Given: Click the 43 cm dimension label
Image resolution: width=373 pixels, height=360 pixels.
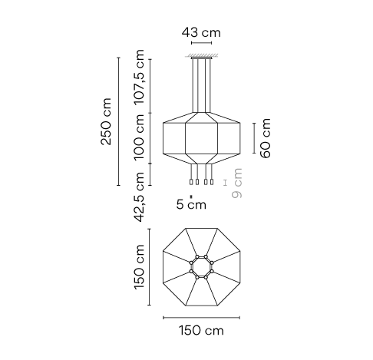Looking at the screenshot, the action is pyautogui.click(x=201, y=33).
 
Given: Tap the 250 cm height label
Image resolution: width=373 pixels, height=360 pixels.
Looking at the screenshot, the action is pyautogui.click(x=106, y=121).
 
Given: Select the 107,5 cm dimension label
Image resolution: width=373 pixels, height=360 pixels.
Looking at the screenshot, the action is pyautogui.click(x=139, y=78).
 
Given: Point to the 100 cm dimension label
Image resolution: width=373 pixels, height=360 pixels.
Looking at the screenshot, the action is pyautogui.click(x=139, y=137).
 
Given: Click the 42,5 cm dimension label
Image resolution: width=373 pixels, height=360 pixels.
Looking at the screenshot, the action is pyautogui.click(x=139, y=197).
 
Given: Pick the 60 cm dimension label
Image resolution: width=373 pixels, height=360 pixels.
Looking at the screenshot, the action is pyautogui.click(x=266, y=138).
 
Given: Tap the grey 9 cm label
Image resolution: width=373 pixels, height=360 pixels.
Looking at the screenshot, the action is pyautogui.click(x=236, y=183).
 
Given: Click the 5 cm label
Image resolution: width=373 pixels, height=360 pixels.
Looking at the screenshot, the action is pyautogui.click(x=191, y=204).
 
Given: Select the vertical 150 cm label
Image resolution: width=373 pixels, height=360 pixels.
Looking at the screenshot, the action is pyautogui.click(x=139, y=267).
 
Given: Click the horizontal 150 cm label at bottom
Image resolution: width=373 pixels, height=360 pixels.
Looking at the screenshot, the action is pyautogui.click(x=201, y=330).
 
